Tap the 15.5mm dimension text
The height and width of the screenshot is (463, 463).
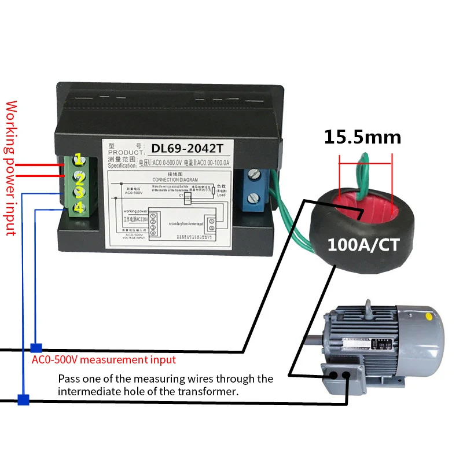(x=362, y=137)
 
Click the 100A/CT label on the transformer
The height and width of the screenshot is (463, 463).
(x=363, y=244)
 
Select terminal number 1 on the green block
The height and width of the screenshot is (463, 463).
(x=78, y=159)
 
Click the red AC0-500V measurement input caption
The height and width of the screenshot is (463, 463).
(x=104, y=360)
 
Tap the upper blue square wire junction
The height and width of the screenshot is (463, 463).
(x=36, y=348)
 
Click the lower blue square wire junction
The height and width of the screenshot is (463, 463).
(x=23, y=399)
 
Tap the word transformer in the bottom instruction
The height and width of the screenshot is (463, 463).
(x=210, y=392)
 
